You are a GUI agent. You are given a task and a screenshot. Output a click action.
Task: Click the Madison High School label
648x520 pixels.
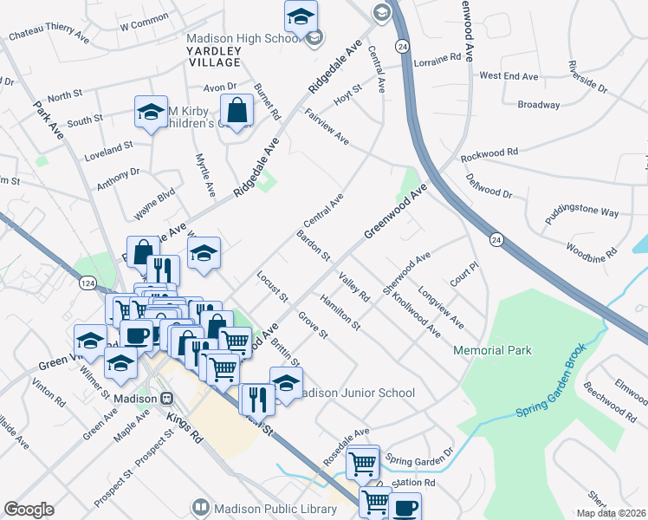click(243, 39)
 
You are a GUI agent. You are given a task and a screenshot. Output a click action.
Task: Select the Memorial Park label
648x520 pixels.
click(492, 350)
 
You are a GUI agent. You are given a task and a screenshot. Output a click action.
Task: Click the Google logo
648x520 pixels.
click(29, 510)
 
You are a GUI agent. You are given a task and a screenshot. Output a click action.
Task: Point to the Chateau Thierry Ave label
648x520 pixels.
click(49, 38)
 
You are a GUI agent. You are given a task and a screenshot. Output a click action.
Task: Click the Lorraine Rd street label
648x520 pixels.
click(437, 59)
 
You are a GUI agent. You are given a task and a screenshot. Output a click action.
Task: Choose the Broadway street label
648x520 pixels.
click(538, 105)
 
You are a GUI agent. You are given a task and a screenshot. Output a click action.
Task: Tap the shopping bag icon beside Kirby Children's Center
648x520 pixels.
click(237, 111)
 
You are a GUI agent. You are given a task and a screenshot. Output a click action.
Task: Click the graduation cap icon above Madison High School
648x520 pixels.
click(301, 16)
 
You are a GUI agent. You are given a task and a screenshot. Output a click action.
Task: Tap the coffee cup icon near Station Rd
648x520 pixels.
click(405, 507)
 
